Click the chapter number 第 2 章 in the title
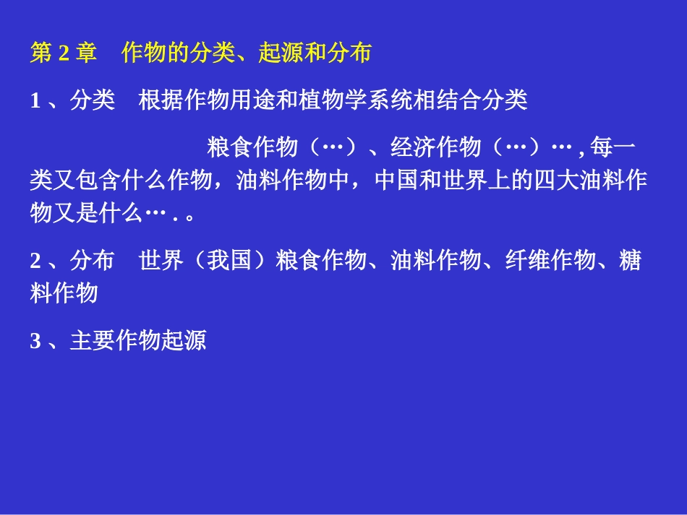63,53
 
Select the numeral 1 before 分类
35,100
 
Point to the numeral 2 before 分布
35,261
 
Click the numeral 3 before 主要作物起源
35,341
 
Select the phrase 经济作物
435,147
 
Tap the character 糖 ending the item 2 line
631,261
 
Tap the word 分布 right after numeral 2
92,261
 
